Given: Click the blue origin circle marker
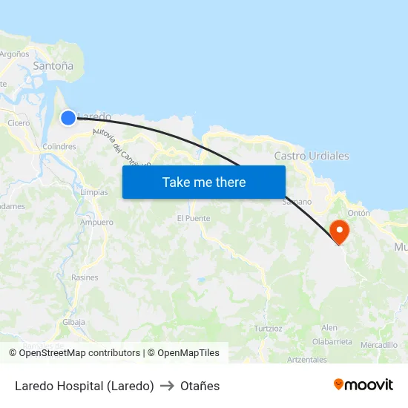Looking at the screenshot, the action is [x=68, y=117].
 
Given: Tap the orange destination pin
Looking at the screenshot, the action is [x=339, y=230].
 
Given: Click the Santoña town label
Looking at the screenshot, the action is [x=53, y=66].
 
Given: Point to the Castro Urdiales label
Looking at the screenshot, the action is [x=312, y=156].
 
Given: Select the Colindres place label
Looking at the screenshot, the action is [x=59, y=147].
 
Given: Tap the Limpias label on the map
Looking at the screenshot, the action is [x=93, y=191].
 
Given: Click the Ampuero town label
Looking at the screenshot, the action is [x=96, y=222].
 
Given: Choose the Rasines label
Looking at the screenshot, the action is [x=85, y=277].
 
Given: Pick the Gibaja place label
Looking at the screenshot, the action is [x=74, y=322].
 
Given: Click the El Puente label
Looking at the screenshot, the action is [x=194, y=218].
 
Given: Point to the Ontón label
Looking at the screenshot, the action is [x=359, y=213].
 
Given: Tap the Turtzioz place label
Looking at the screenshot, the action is [x=268, y=328].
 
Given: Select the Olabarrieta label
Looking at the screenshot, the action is [x=332, y=341].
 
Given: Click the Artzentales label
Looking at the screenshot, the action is [x=306, y=360].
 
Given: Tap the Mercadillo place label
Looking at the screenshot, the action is [x=379, y=345].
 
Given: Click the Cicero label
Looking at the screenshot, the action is [x=19, y=123].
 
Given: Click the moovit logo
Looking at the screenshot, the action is [x=363, y=384].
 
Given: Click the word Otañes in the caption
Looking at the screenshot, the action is [x=200, y=386].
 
